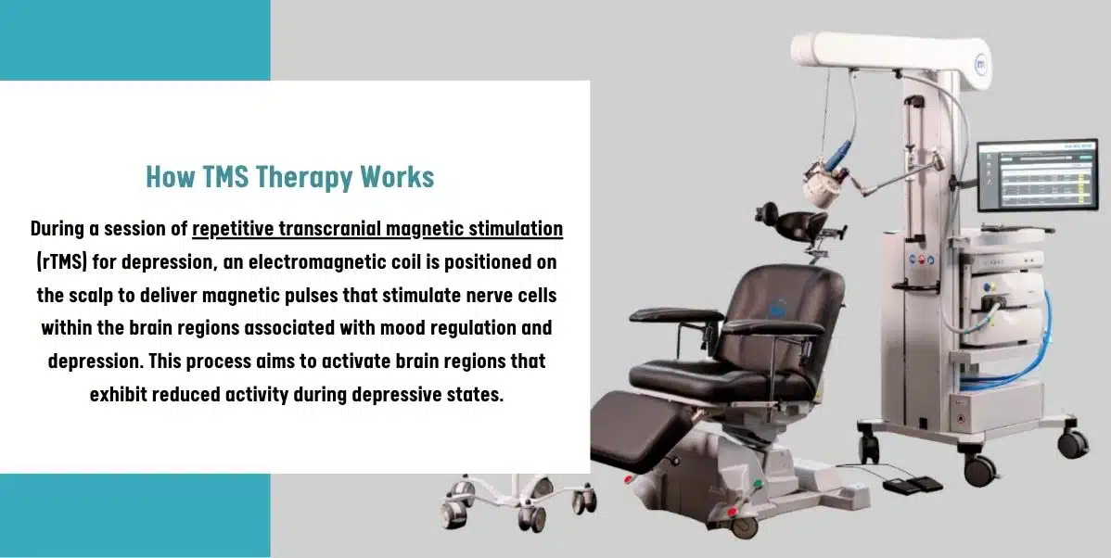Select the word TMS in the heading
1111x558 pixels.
pyautogui.click(x=225, y=176)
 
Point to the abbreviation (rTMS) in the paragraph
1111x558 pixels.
pyautogui.click(x=62, y=261)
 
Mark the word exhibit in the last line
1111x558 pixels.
pyautogui.click(x=123, y=394)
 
